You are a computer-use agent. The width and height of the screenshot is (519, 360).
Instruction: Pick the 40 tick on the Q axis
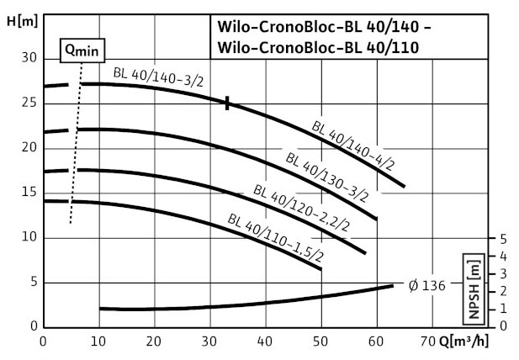coord(264,342)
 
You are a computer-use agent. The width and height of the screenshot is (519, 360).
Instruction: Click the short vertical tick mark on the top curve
coord(227,103)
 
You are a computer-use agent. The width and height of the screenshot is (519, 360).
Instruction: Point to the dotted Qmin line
coord(76,151)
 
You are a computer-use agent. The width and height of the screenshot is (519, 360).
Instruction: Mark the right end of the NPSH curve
coord(392,286)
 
